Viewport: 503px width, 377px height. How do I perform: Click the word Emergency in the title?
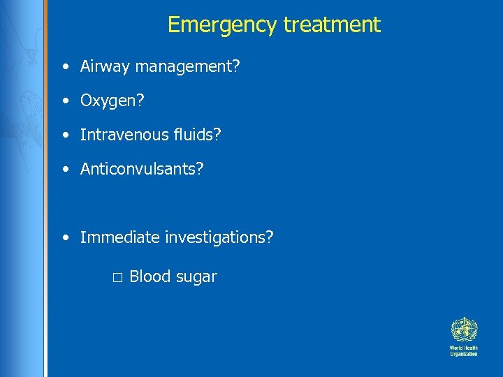click(222, 25)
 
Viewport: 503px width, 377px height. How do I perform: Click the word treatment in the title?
click(332, 25)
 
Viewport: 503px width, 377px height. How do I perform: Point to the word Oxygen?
click(112, 101)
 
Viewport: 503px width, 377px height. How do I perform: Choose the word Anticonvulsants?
click(142, 169)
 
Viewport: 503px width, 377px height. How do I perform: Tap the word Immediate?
click(120, 237)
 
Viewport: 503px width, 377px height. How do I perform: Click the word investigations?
click(219, 237)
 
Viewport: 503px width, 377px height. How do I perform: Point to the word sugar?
click(196, 277)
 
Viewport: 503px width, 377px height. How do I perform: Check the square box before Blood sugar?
click(117, 278)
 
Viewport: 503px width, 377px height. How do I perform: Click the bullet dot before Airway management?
click(64, 68)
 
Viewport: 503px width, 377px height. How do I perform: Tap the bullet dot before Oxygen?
click(64, 102)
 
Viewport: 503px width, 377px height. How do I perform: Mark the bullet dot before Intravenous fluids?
click(64, 135)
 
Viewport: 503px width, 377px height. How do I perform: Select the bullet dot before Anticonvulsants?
click(64, 170)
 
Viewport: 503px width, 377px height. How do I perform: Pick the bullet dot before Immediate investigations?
click(64, 238)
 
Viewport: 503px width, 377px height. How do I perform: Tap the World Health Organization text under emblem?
click(463, 350)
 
